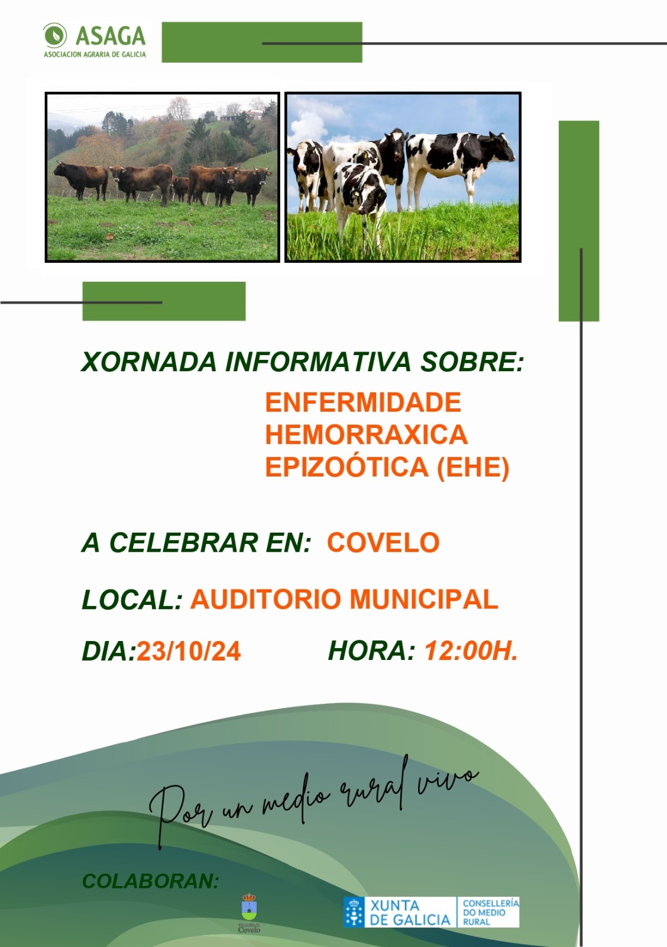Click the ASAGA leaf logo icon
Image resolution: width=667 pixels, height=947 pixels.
pyautogui.click(x=55, y=36)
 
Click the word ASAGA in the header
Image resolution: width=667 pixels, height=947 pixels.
pyautogui.click(x=111, y=36)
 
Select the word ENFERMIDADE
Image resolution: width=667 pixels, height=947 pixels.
pyautogui.click(x=362, y=403)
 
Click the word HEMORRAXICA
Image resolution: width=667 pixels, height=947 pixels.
pyautogui.click(x=366, y=435)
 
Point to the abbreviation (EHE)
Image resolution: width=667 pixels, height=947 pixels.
pyautogui.click(x=472, y=468)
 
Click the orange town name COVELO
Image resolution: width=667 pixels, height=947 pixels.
pyautogui.click(x=383, y=543)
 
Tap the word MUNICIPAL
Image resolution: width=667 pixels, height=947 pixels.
pyautogui.click(x=424, y=600)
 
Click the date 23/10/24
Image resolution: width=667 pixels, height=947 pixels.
pyautogui.click(x=189, y=652)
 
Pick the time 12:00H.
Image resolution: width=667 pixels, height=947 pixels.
pyautogui.click(x=471, y=651)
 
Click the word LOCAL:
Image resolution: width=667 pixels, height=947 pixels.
pyautogui.click(x=132, y=600)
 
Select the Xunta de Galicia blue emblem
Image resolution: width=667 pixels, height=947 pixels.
pyautogui.click(x=354, y=912)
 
